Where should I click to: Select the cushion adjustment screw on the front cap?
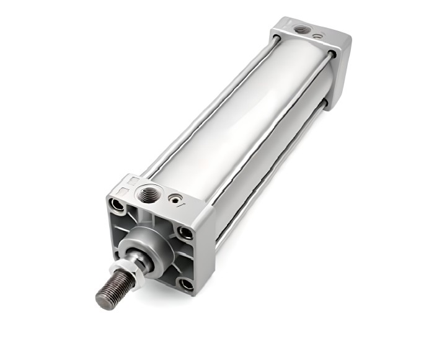[x=176, y=200]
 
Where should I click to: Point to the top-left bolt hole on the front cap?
[x=116, y=205]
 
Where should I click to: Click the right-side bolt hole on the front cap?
[x=185, y=233]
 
